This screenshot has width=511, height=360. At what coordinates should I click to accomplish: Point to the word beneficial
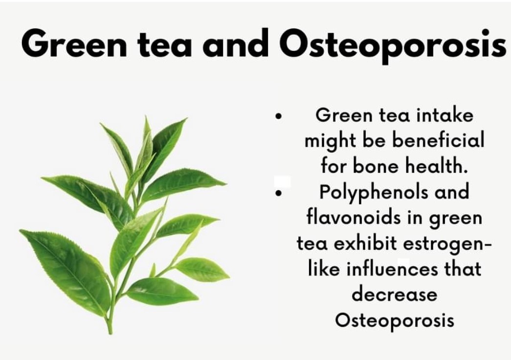438,140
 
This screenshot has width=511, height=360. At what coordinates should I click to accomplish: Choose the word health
436,166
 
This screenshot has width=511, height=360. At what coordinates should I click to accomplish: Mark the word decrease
394,294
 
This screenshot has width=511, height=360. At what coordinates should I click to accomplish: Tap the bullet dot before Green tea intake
278,116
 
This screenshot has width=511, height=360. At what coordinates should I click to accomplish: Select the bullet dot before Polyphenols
278,193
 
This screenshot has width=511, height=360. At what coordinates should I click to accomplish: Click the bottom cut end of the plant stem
110,332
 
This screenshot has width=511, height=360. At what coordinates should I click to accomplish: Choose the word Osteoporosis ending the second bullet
394,320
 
